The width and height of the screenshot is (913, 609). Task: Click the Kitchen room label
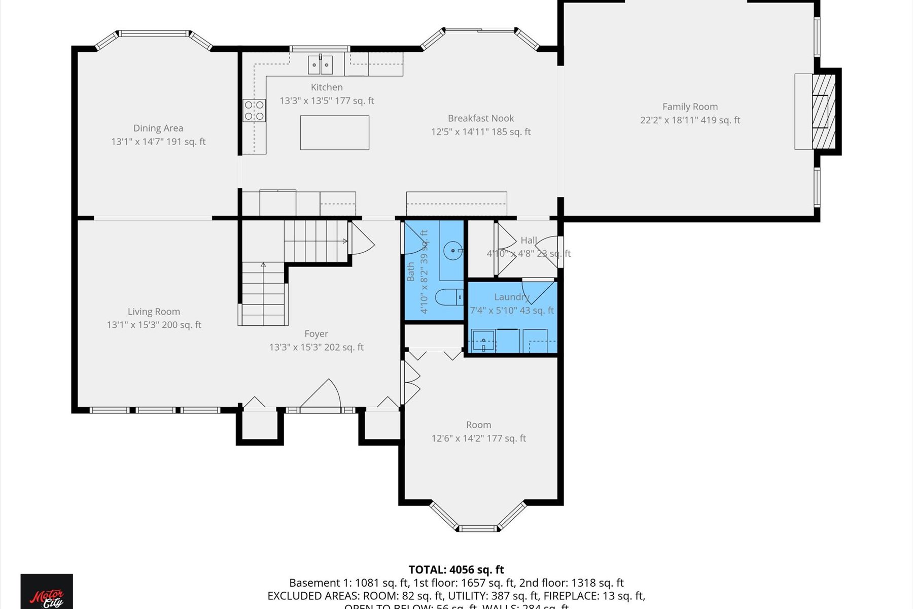[327, 87]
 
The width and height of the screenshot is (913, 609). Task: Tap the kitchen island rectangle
[335, 132]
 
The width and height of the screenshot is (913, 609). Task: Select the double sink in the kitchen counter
[320, 65]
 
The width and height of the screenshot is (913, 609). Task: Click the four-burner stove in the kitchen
[254, 111]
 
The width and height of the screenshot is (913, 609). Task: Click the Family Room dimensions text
[690, 120]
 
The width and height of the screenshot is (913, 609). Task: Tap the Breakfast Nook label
[481, 118]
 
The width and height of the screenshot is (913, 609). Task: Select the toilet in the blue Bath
[448, 296]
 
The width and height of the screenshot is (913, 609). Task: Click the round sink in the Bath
[452, 251]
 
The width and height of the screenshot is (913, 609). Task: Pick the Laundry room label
[512, 297]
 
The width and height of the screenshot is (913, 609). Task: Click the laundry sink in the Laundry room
[484, 341]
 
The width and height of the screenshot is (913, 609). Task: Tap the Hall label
[529, 241]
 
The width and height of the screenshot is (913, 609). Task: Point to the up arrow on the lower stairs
[263, 265]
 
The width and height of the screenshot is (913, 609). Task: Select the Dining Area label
[158, 128]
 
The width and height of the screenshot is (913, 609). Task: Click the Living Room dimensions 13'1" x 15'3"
[154, 325]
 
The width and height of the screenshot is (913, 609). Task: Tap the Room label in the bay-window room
[478, 425]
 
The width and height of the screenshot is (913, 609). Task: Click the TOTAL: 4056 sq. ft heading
[456, 569]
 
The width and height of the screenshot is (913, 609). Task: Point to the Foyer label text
[316, 334]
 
